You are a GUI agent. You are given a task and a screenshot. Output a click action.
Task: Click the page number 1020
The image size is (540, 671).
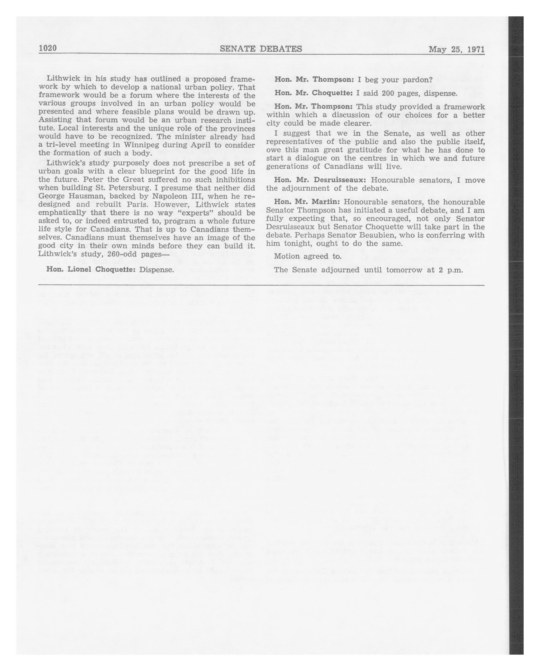coord(48,49)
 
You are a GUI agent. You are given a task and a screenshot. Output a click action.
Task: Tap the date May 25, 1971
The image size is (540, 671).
coord(457,50)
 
